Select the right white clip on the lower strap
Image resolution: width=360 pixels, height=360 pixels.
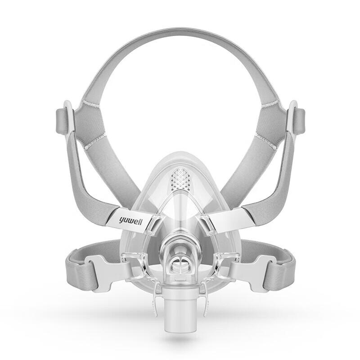[x=252, y=270]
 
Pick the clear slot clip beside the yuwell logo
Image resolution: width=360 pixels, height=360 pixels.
[x=155, y=225]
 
